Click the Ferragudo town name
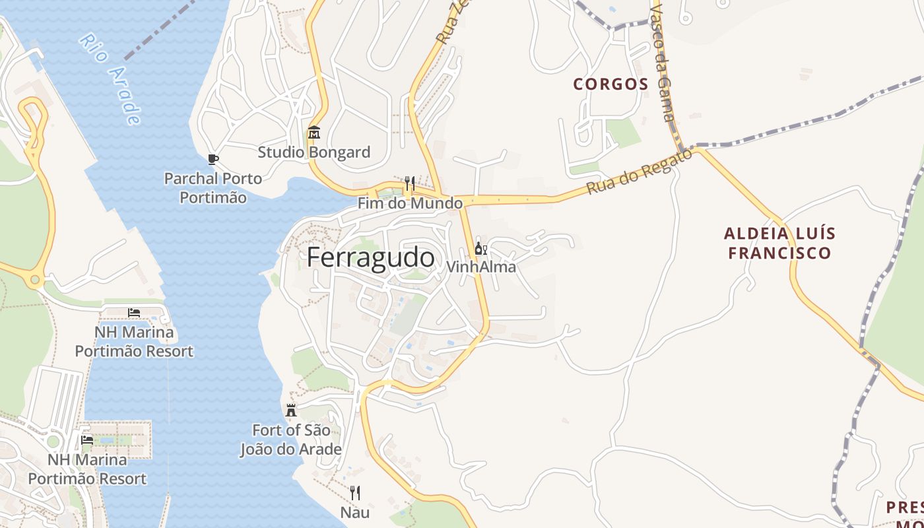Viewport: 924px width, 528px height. click(x=370, y=257)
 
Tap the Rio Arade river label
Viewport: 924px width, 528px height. click(x=110, y=79)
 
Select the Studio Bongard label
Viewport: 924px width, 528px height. click(x=313, y=152)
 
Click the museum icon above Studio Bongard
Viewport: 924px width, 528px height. click(x=313, y=133)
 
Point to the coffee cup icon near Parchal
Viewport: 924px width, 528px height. click(x=213, y=159)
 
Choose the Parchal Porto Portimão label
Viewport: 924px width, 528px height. click(x=213, y=188)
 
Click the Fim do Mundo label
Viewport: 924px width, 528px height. click(x=410, y=203)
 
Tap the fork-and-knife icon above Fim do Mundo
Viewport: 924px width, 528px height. click(x=410, y=183)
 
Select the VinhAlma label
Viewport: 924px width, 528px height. click(x=481, y=267)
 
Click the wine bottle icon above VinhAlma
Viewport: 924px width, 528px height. click(x=481, y=249)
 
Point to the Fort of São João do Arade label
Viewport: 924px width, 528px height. click(x=291, y=440)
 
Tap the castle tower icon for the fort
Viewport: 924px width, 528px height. click(x=291, y=411)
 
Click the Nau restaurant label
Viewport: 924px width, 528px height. click(x=355, y=512)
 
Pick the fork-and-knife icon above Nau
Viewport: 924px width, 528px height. click(x=355, y=492)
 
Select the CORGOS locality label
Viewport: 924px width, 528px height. click(x=610, y=84)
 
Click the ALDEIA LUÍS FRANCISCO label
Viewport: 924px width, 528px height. click(x=779, y=243)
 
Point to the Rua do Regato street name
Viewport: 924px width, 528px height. click(x=639, y=172)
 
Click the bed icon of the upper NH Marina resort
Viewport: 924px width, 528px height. click(x=134, y=312)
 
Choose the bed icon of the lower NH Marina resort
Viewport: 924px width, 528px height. click(x=86, y=440)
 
